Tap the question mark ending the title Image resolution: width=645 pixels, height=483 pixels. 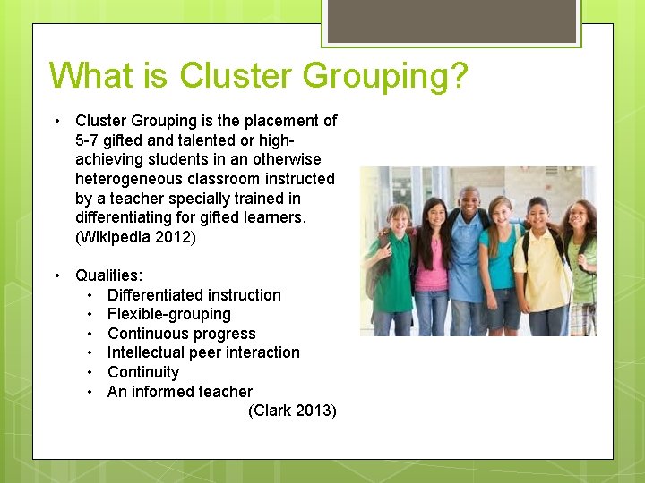pos(458,76)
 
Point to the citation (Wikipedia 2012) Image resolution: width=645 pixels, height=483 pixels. pos(135,238)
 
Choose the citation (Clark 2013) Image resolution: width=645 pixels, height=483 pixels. pos(292,411)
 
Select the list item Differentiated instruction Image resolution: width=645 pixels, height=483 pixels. pos(193,295)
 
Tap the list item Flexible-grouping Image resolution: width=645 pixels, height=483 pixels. pos(168,314)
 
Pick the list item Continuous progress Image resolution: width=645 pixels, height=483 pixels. pos(181,334)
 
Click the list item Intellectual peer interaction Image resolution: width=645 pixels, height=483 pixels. pos(203,352)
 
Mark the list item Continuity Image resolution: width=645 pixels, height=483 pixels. pos(143,372)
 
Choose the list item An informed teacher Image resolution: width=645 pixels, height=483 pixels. pos(179,392)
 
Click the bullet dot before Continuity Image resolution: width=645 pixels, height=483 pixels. pos(90,372)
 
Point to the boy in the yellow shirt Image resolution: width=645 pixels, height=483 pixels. pos(539,264)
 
